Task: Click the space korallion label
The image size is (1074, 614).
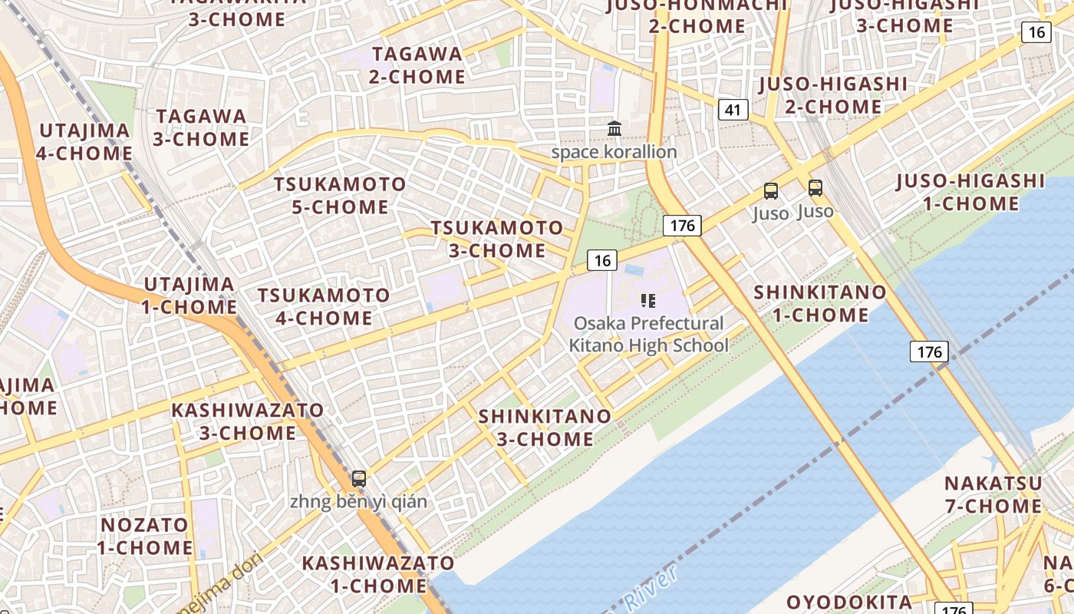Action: (614, 152)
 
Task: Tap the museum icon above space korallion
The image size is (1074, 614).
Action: (614, 129)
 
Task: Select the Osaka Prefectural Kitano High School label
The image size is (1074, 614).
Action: (649, 335)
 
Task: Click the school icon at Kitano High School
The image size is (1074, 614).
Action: (648, 300)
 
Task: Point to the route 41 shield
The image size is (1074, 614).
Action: (733, 110)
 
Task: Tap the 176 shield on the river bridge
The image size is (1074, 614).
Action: (929, 352)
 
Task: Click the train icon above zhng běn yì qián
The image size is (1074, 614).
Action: (358, 479)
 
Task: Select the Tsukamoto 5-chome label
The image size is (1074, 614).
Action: (340, 196)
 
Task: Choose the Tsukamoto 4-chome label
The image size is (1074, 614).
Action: (324, 306)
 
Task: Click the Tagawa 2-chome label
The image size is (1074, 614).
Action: (417, 65)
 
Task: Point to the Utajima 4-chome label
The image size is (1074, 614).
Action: (84, 141)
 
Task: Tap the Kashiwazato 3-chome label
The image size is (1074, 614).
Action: (248, 421)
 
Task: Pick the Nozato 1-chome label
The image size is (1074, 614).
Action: (144, 536)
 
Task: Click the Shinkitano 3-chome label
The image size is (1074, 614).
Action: (545, 427)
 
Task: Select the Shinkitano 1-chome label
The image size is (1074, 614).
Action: (819, 303)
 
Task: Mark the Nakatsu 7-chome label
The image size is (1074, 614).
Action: (993, 495)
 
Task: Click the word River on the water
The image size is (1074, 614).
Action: (650, 588)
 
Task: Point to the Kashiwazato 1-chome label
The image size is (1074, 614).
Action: (377, 574)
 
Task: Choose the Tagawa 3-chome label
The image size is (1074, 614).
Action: (201, 127)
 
